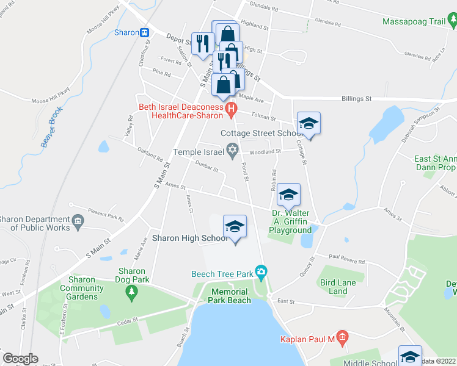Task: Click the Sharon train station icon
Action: (145, 32)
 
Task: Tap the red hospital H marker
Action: (231, 110)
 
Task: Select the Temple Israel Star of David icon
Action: (232, 149)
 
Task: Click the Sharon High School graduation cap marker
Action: (235, 228)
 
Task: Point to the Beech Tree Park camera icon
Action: (261, 271)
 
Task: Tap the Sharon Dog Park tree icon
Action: (131, 292)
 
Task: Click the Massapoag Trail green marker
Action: (452, 23)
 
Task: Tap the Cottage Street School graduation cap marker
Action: (309, 124)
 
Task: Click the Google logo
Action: (20, 359)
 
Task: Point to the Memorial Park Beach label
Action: (230, 296)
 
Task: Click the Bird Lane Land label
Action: (334, 287)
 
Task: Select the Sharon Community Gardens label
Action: (78, 288)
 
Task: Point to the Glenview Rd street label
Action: (418, 56)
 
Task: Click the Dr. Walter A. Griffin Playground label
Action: (290, 222)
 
